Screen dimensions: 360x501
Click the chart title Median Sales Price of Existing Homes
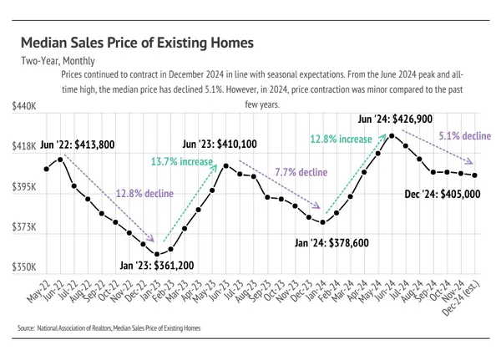(x=136, y=42)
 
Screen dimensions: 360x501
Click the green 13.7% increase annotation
(x=182, y=160)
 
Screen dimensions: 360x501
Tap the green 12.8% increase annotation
(x=341, y=139)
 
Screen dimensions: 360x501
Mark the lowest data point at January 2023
(x=157, y=253)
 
